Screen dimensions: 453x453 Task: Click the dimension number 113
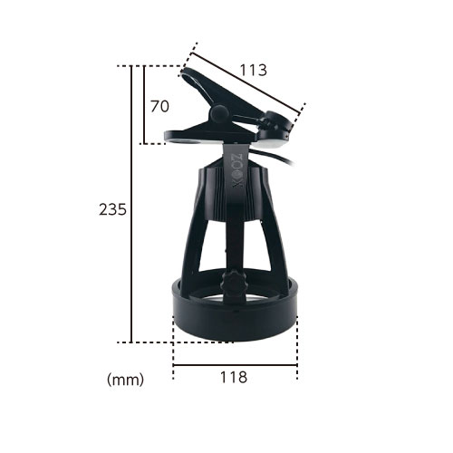click(254, 70)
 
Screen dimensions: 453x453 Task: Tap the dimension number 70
click(159, 106)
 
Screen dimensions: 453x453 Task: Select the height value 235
click(112, 209)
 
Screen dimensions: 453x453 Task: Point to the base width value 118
click(234, 377)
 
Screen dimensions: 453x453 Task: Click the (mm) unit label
click(125, 380)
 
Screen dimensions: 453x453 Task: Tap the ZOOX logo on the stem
click(238, 170)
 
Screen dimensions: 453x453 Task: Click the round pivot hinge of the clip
click(219, 114)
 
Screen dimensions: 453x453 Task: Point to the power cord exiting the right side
click(274, 156)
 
